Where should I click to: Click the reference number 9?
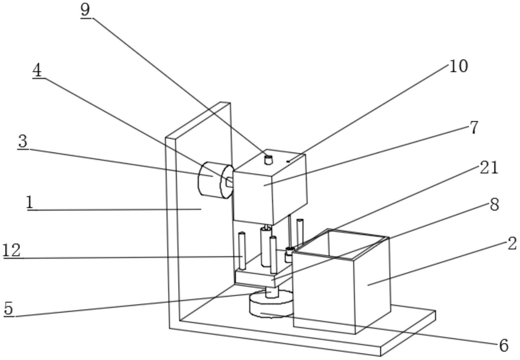[x=85, y=10]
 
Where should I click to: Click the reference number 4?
[x=37, y=71]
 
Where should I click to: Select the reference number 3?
[x=23, y=142]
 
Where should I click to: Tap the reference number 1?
[x=30, y=203]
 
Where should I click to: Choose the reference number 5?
[x=9, y=309]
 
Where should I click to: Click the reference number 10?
[x=458, y=66]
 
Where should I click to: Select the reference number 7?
[x=474, y=127]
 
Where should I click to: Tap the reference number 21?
[x=489, y=168]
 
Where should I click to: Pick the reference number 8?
[x=494, y=205]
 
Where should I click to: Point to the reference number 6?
[x=504, y=345]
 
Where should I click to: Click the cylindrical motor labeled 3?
[x=210, y=179]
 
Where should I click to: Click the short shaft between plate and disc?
[x=272, y=293]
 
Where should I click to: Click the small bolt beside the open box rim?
[x=289, y=253]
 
